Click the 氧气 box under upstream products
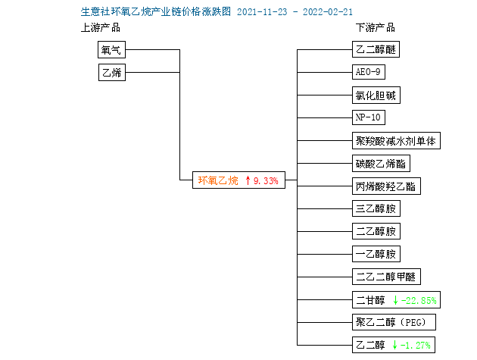click(x=111, y=50)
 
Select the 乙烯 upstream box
click(x=112, y=72)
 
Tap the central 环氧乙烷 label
click(x=218, y=180)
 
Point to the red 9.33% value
click(x=266, y=180)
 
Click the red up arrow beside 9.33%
click(x=248, y=180)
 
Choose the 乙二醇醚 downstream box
click(x=376, y=49)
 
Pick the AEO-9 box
click(x=369, y=72)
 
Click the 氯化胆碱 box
click(x=376, y=95)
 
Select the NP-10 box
click(x=369, y=117)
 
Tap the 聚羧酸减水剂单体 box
click(x=396, y=141)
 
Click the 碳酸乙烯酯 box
click(x=381, y=164)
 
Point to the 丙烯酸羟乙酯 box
click(x=386, y=186)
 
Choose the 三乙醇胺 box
click(x=376, y=208)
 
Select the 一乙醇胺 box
click(x=376, y=254)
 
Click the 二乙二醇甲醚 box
click(x=386, y=277)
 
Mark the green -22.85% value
click(x=419, y=301)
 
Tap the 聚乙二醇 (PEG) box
click(x=394, y=322)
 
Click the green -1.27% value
click(x=416, y=345)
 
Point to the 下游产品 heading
click(x=376, y=28)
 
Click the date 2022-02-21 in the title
click(x=328, y=12)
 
